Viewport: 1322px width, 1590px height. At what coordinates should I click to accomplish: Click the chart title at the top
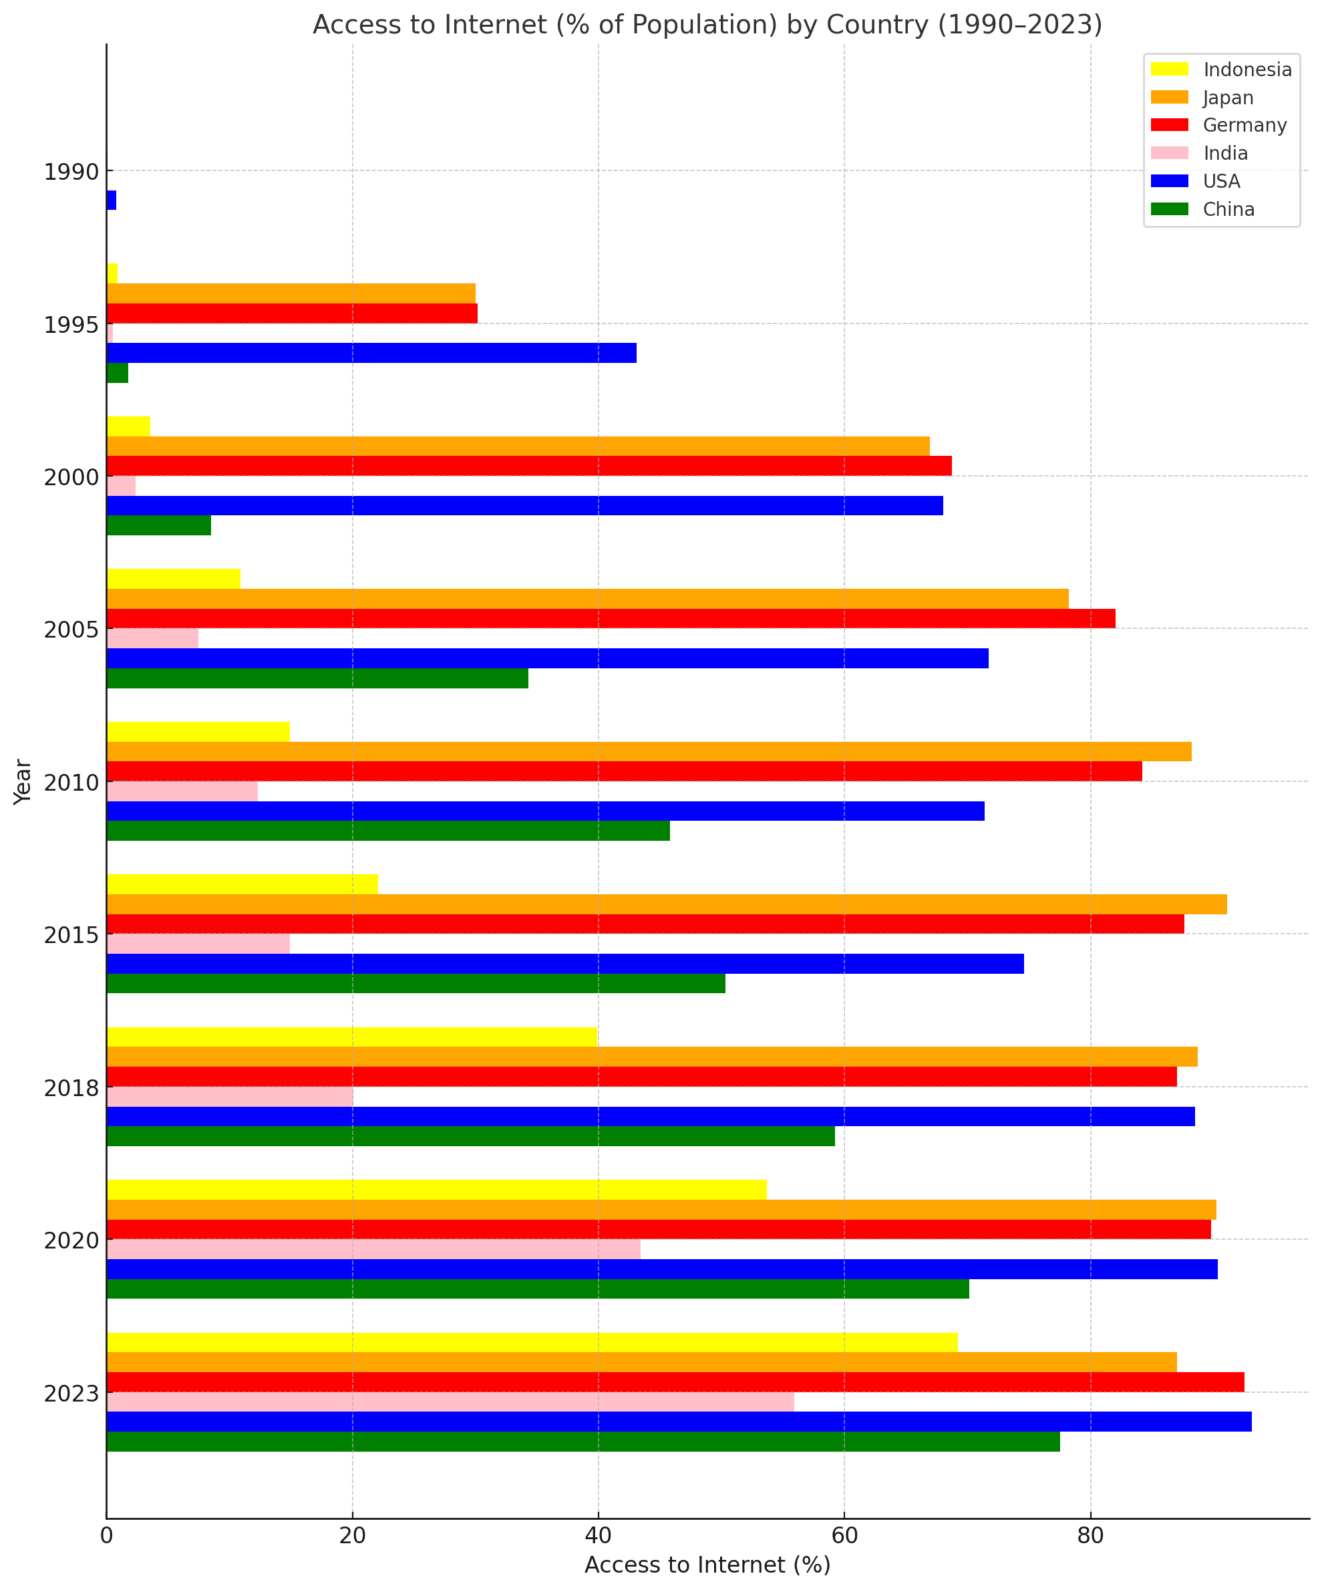(707, 25)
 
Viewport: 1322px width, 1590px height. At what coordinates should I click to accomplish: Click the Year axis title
(23, 781)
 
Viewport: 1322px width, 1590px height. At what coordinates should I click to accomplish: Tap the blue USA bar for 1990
(112, 201)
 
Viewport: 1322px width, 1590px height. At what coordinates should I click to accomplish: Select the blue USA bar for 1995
(371, 353)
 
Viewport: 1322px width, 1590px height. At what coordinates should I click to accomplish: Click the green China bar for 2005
(317, 678)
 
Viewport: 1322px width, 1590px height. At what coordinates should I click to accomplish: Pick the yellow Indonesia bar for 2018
(352, 1037)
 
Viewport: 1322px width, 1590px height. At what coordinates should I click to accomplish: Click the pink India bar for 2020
(373, 1249)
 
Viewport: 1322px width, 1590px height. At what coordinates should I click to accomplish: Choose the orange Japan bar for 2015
(666, 904)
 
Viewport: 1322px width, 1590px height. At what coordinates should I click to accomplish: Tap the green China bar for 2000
(159, 525)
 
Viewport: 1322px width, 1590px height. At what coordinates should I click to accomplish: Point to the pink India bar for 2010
(182, 791)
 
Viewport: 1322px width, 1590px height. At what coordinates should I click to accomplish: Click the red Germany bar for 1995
(291, 313)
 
